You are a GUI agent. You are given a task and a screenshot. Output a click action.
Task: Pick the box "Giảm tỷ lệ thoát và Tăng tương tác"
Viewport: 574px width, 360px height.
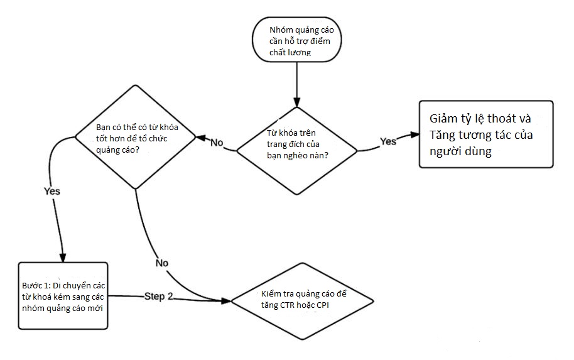coord(486,134)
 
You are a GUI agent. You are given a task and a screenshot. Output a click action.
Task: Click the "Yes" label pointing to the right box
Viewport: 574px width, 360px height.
coord(388,141)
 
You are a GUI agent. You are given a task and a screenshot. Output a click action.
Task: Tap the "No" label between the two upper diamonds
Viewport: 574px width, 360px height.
coord(217,143)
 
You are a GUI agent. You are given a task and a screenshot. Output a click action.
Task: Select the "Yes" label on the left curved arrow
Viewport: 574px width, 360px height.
coord(52,191)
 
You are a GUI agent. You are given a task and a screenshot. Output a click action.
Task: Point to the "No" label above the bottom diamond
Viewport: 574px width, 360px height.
coord(161,263)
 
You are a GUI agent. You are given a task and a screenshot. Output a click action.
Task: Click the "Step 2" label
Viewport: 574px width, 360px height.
coord(158,296)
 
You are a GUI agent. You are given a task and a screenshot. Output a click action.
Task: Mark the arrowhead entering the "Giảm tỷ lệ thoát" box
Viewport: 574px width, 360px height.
coord(415,134)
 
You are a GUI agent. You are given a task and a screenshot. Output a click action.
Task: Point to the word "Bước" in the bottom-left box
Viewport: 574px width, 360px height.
coord(33,285)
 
